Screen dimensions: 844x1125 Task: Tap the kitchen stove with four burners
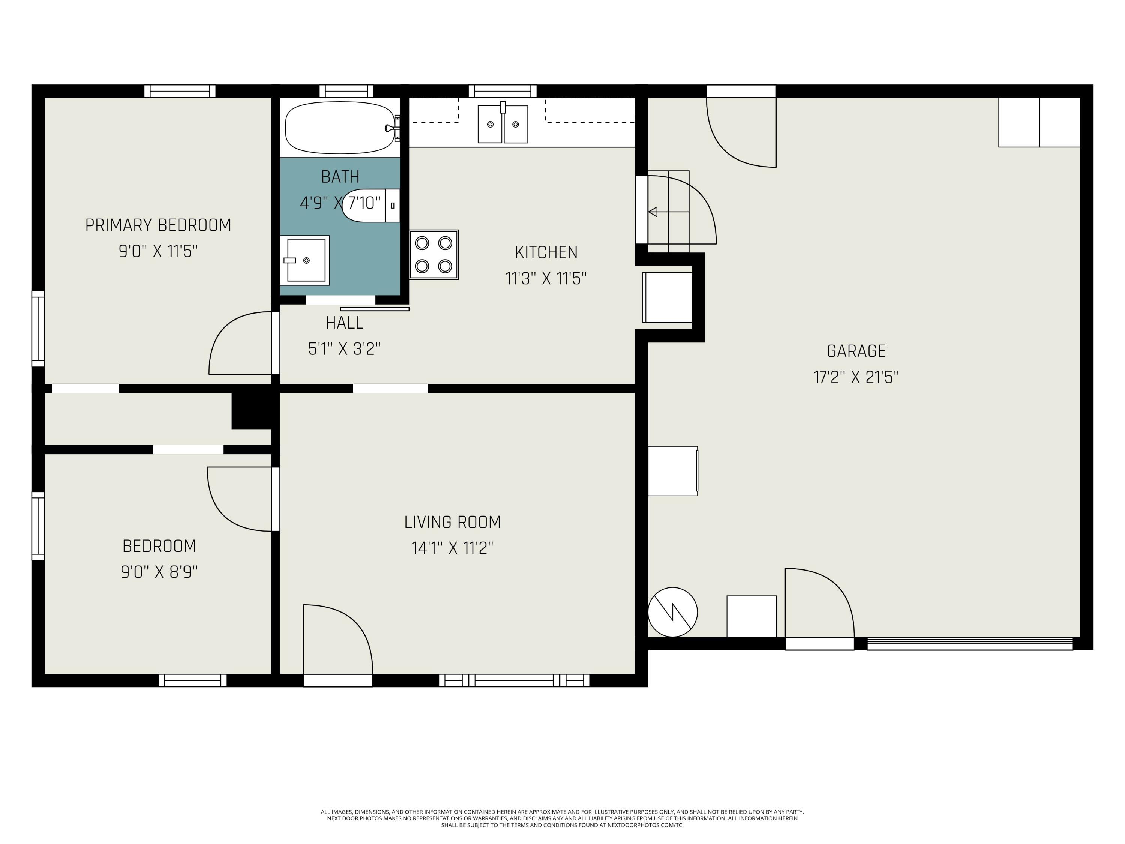tap(434, 254)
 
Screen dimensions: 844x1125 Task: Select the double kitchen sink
tap(502, 124)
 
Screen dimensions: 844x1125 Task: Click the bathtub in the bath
tap(339, 128)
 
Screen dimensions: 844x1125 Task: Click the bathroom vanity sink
tap(305, 260)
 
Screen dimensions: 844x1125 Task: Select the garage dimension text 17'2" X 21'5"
tap(856, 377)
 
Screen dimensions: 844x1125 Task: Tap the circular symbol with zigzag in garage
tap(672, 612)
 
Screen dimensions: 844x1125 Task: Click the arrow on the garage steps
tap(653, 212)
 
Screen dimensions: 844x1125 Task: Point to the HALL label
tap(344, 323)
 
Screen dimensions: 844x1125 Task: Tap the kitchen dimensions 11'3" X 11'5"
tap(546, 279)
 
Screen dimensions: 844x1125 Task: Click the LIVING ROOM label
tap(452, 522)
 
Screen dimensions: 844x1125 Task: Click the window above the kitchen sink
tap(502, 91)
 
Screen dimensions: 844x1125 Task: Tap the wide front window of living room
tap(514, 680)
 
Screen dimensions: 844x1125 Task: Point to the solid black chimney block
tap(252, 410)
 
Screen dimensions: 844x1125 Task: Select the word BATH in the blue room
tap(340, 177)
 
